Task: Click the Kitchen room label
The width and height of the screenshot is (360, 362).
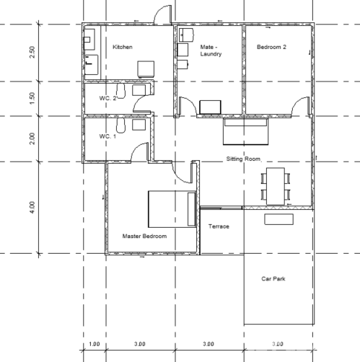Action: coord(123,47)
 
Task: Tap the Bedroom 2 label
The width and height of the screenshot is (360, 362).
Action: coord(271,47)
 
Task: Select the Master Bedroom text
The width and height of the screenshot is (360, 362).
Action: coord(144,236)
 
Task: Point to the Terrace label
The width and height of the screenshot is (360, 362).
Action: coord(219,226)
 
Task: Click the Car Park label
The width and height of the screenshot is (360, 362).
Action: coord(273,279)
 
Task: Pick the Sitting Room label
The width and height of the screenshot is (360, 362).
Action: coord(243,159)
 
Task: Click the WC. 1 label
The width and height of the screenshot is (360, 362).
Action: coord(107,136)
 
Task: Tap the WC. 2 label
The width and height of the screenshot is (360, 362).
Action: coord(107,98)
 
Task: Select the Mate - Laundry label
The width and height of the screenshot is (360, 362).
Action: coord(211,50)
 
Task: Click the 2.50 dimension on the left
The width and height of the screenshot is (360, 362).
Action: coord(32,52)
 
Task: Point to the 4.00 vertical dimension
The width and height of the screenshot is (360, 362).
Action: coord(32,208)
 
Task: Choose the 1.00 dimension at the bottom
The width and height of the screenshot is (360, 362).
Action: coord(95,344)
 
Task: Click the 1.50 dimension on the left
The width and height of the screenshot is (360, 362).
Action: coord(32,98)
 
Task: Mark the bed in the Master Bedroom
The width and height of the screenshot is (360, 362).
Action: coord(172,209)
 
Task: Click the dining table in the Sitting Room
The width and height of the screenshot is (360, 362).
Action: coord(276,186)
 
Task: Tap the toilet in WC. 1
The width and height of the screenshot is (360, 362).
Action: coord(120,125)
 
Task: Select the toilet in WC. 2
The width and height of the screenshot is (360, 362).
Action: coord(120,91)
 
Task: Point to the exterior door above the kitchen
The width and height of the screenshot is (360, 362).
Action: coord(162,14)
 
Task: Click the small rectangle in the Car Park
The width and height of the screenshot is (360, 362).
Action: coord(279,219)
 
